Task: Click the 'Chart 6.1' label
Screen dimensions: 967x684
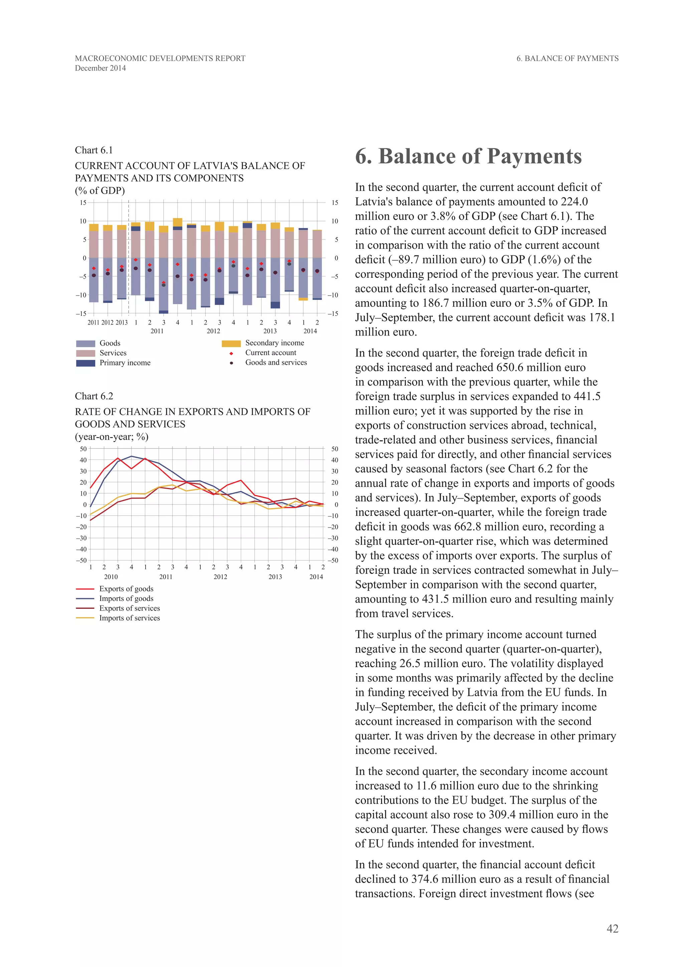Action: pos(94,150)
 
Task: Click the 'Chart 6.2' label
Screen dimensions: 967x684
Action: pos(94,396)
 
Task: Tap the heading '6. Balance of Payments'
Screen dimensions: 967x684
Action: pos(468,156)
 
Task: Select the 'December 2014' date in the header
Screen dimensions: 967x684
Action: pos(100,68)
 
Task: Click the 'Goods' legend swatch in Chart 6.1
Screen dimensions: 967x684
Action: pos(85,344)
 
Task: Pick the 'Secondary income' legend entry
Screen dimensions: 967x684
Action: pos(274,343)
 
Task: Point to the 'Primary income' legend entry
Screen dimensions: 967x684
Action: pos(125,363)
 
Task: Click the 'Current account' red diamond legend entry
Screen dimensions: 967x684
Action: pos(271,353)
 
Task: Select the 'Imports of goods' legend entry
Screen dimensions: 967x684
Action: pos(126,598)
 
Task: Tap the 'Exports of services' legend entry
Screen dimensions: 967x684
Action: pos(129,608)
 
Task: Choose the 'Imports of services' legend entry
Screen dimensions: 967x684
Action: pos(129,618)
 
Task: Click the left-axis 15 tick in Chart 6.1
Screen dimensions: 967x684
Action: pos(83,203)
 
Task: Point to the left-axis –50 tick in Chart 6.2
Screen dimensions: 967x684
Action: pos(81,561)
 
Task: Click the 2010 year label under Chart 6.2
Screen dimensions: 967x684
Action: pos(111,577)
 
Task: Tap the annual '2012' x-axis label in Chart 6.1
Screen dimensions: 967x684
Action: pos(108,323)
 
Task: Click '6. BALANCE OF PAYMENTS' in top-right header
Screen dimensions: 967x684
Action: pos(567,58)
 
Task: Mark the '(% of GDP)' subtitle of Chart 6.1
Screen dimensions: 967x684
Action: pos(100,191)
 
